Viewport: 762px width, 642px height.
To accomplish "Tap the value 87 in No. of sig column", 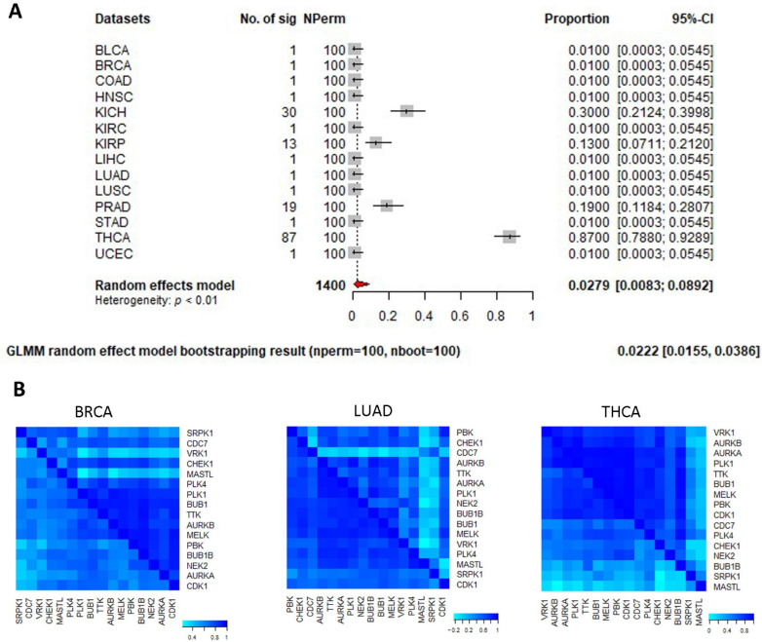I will tap(261, 237).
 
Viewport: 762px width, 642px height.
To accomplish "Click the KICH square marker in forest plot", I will tap(406, 111).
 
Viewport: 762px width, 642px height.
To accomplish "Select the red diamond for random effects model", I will tap(359, 283).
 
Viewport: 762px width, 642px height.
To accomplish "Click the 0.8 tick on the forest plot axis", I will tap(495, 317).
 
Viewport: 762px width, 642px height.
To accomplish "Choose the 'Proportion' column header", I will tap(578, 19).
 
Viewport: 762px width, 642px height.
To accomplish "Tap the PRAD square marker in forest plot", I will tap(387, 206).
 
